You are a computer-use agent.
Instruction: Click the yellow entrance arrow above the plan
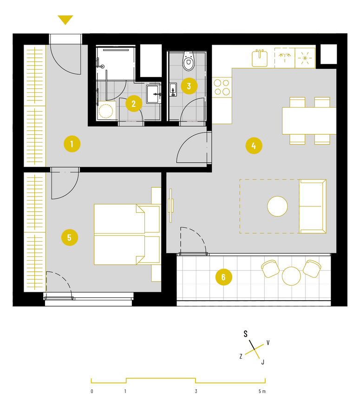tap(65, 20)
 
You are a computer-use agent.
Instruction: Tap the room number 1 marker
tap(72, 144)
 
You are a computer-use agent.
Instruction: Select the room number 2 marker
tap(134, 104)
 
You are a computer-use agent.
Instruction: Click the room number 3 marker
tap(189, 86)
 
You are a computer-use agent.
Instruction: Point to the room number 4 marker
tap(254, 145)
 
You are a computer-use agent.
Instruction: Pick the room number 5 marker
tap(70, 237)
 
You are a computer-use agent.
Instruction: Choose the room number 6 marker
tap(223, 277)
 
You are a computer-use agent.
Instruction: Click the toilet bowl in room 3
tap(189, 61)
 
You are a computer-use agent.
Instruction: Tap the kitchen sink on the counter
tap(260, 58)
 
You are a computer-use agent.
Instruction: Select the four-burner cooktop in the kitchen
tap(222, 87)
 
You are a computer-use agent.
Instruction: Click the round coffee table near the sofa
tap(277, 206)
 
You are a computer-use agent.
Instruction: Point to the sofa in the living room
tap(313, 206)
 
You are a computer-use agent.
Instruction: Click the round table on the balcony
tap(291, 276)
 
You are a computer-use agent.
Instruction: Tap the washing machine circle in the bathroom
tap(106, 111)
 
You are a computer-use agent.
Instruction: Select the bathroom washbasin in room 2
tap(153, 94)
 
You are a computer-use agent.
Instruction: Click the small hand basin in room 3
tap(173, 90)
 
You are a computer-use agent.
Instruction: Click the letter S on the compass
tap(246, 334)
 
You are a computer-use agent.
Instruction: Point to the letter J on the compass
tap(263, 362)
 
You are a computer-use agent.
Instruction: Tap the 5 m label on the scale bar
tap(262, 391)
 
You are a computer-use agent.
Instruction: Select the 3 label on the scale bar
tap(196, 391)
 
